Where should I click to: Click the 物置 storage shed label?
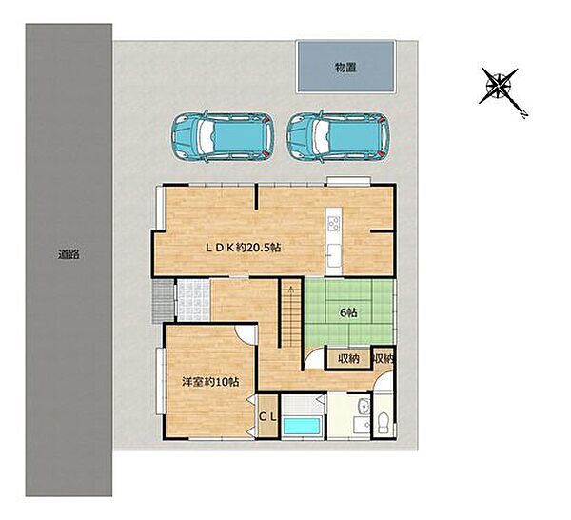coord(345,68)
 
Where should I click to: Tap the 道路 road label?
coord(69,254)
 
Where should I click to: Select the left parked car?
coord(222,136)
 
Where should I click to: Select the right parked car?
coord(338,136)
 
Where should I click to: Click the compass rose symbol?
coord(499,87)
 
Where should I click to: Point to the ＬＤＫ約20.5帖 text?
coord(244,248)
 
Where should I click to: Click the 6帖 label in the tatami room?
coord(348,312)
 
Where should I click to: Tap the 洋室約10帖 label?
coord(210,382)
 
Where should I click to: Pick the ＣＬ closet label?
coord(267,417)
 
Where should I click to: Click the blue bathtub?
coord(302,426)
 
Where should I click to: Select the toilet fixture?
coord(384,422)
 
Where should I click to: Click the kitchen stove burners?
coord(333,224)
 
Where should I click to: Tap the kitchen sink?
coord(333,255)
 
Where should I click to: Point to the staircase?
coord(291,314)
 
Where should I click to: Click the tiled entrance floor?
coord(194,300)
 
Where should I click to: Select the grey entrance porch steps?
coord(163,301)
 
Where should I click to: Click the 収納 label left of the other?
coord(348,359)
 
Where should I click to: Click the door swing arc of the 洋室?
coord(243,333)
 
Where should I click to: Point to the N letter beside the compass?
coord(523,115)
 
